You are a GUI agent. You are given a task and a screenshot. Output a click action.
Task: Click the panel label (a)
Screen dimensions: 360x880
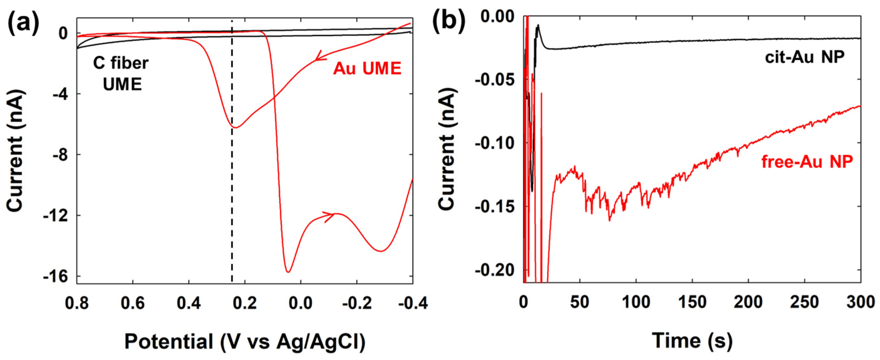coord(24,24)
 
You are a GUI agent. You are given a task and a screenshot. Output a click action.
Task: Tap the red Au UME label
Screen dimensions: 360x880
coord(367,69)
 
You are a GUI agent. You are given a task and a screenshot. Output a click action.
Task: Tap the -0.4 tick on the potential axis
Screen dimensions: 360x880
coord(412,303)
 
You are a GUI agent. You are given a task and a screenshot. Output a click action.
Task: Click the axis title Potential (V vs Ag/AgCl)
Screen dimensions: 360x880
coord(245,341)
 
